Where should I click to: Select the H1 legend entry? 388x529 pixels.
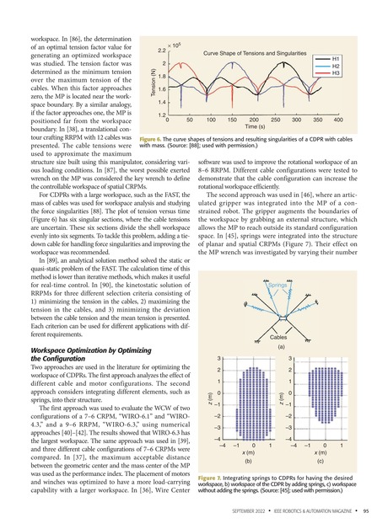tap(334, 58)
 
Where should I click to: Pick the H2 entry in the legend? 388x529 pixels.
tap(334, 66)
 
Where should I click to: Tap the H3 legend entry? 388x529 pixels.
tap(334, 73)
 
